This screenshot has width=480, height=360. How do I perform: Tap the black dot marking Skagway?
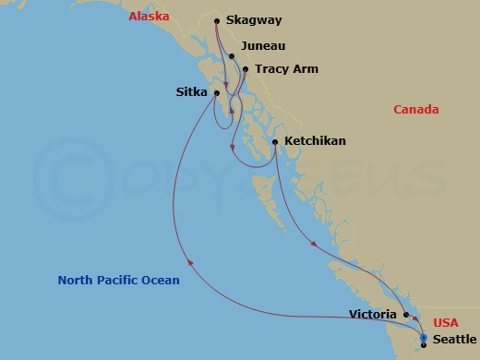216,20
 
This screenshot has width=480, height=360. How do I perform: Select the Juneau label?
262,45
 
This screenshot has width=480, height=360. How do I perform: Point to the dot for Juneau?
232,56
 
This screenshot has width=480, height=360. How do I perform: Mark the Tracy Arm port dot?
245,68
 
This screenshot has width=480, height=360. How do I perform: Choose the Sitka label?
192,91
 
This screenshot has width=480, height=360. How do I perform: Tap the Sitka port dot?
216,92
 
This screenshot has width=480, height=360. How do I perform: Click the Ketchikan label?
316,141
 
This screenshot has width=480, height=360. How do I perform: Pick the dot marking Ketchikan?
276,141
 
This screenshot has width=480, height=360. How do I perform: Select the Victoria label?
373,314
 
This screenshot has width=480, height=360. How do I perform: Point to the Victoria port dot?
405,315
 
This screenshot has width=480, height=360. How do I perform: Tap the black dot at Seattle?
423,345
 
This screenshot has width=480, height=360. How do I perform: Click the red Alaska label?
148,16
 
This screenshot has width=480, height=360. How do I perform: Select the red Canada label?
415,110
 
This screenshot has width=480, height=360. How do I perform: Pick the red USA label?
446,323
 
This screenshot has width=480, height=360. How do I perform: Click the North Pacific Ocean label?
118,280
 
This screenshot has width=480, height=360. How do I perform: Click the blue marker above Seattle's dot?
423,338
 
